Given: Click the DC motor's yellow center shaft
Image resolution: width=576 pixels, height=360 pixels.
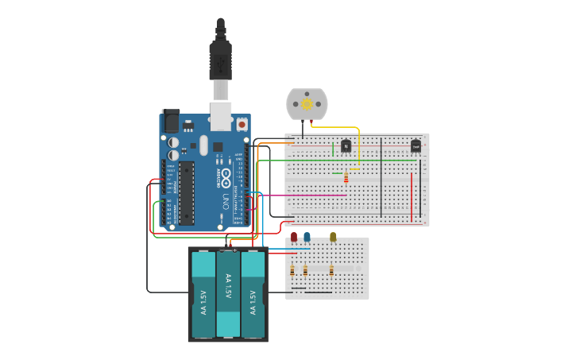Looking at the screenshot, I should click(x=307, y=104).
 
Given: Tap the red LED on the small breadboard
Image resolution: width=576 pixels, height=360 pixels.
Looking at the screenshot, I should click(x=294, y=237).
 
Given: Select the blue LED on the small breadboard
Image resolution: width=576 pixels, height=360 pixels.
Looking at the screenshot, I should click(x=307, y=237).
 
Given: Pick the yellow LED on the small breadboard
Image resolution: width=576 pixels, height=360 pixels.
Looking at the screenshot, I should click(x=333, y=237).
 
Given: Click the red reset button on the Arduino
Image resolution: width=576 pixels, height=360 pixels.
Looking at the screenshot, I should click(x=242, y=125).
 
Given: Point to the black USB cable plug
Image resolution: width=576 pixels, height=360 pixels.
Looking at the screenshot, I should click(x=220, y=60).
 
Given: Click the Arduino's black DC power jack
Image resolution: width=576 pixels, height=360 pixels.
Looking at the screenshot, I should click(x=171, y=121).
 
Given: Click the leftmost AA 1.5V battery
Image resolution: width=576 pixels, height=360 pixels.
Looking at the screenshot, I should click(x=203, y=294).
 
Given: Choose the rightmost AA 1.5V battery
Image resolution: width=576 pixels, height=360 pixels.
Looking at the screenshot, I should click(x=253, y=294).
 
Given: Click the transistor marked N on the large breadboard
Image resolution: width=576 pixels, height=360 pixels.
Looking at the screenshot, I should click(x=346, y=145).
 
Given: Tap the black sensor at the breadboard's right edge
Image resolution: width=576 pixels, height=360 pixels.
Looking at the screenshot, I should click(x=416, y=146).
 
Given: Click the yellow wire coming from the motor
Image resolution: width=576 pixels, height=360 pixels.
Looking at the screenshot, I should click(x=358, y=147).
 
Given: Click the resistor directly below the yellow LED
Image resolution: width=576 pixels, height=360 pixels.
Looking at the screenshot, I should click(x=331, y=270).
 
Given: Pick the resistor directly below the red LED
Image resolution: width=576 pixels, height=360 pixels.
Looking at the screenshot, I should click(x=292, y=270).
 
